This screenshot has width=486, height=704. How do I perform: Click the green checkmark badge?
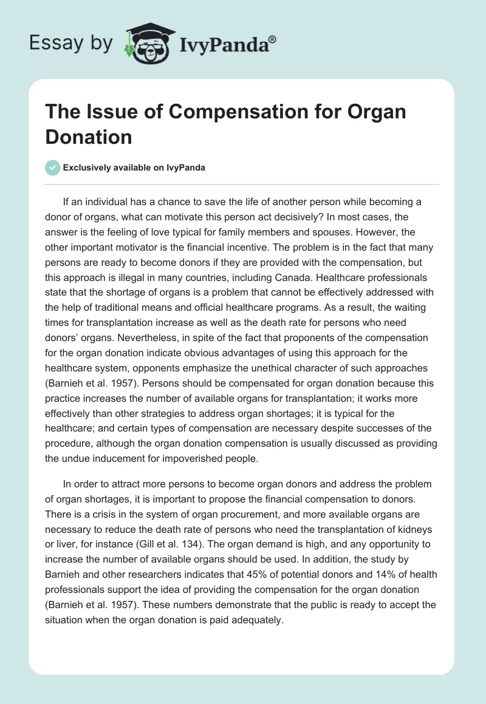click(x=53, y=168)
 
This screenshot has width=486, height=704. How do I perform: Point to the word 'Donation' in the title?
click(x=89, y=137)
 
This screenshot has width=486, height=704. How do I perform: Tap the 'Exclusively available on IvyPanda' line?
click(x=134, y=168)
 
